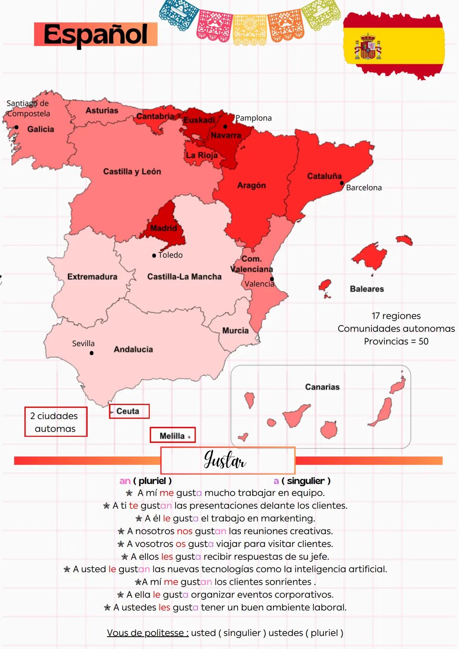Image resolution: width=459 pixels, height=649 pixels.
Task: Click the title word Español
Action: click(96, 34)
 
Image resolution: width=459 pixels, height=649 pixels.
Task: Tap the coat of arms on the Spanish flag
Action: click(368, 47)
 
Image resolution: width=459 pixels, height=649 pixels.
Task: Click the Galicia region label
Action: click(41, 129)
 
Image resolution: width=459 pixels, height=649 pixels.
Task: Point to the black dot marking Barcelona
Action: click(342, 183)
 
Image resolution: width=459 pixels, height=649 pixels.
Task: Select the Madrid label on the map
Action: click(164, 228)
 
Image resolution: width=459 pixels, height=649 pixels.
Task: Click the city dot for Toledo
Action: click(154, 255)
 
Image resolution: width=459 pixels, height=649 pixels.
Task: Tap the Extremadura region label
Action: click(92, 277)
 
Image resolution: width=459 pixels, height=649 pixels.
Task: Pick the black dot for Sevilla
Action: click(91, 353)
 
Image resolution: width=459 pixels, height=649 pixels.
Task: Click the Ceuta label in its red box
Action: click(128, 411)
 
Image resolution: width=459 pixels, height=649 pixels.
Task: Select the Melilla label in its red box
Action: click(172, 436)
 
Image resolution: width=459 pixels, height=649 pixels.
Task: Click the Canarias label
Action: click(322, 387)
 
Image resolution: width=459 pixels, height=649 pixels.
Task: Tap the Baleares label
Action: click(367, 289)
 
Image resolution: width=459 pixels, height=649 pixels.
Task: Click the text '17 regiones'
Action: click(396, 316)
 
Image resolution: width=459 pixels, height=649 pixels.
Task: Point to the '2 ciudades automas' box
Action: click(56, 422)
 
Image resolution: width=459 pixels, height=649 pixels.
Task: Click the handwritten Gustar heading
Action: click(225, 460)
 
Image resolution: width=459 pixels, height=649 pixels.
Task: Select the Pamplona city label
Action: click(254, 118)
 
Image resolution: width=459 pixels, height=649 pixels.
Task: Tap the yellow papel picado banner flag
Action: click(249, 29)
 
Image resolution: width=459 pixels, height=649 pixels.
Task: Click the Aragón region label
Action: click(252, 185)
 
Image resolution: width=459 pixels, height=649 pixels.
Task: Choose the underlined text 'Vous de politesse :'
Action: click(147, 633)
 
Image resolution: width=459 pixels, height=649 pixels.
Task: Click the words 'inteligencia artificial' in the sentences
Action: click(340, 569)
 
